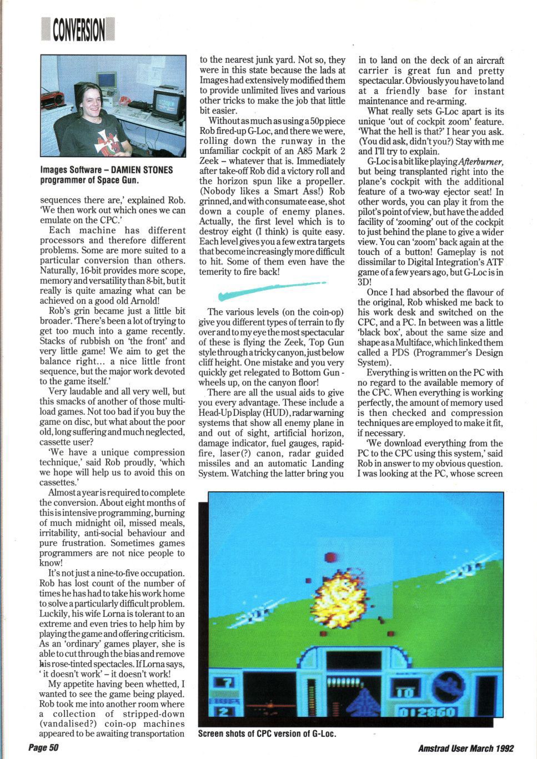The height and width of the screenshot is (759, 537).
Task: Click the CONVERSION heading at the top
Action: pos(78,29)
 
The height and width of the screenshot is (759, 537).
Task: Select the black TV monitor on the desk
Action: pos(168,105)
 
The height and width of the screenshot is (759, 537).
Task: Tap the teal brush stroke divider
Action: pos(270,290)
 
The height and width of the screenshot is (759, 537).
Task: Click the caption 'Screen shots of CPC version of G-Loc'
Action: pos(267,733)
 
